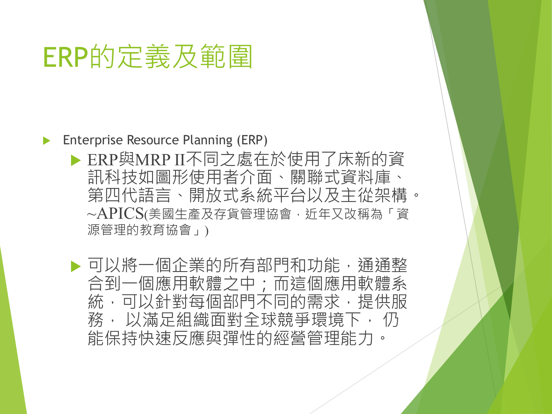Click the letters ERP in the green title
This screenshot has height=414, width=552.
point(66,57)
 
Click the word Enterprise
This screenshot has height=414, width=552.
point(93,140)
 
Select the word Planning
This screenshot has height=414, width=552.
point(208,140)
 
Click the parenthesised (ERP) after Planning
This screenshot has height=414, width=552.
point(252,140)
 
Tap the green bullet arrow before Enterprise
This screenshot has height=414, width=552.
point(47,141)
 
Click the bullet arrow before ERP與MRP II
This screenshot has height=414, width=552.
point(76,160)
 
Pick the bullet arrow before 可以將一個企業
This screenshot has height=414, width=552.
point(76,266)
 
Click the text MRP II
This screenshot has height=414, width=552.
point(160,160)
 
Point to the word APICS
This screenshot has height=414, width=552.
point(120,214)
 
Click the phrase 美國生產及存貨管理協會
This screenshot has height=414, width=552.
point(220,214)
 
